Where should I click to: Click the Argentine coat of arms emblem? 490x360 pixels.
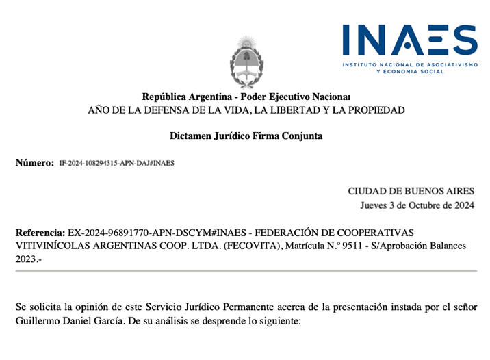246,63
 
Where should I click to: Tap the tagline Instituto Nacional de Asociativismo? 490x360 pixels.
410,64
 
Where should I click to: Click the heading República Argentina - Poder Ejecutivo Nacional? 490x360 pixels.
246,97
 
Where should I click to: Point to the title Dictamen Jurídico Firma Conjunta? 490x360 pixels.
246,136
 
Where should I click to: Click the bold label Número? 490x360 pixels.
34,163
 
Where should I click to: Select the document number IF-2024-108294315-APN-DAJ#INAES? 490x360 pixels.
116,164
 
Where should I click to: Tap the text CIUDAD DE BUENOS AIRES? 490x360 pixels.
411,191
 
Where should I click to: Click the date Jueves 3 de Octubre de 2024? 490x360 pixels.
417,205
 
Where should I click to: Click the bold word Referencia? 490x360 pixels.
40,233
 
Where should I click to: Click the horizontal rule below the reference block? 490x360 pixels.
246,272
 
